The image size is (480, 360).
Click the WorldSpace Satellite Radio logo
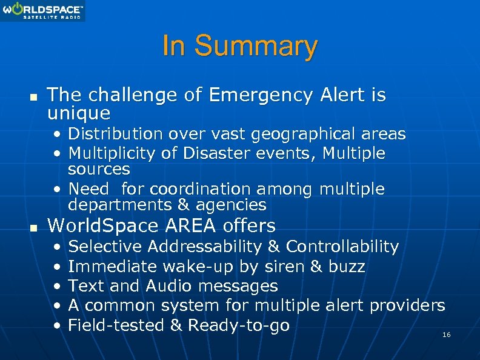(x=42, y=11)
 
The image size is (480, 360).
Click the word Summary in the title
(x=256, y=46)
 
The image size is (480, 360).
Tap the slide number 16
(x=447, y=335)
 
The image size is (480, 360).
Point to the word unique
(x=79, y=113)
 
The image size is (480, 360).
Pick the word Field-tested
(x=116, y=325)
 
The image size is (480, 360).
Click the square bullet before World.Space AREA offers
(x=33, y=227)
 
